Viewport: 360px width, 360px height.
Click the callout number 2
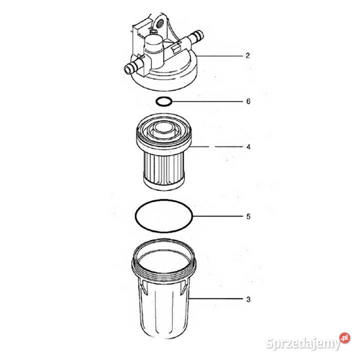247,55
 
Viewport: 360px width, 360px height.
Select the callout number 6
248,101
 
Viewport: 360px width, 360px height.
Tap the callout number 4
248,147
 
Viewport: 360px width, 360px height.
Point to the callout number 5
248,216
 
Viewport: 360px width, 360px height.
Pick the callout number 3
248,299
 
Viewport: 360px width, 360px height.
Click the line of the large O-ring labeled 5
135,216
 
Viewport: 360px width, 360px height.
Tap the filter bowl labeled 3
163,289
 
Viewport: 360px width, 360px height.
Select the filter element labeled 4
163,152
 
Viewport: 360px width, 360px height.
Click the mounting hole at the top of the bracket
160,22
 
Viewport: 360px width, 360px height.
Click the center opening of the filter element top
163,127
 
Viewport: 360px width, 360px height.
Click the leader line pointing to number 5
217,216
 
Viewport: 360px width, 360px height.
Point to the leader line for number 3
216,298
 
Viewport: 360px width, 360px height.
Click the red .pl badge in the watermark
345,337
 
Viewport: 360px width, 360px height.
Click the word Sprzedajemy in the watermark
303,343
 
